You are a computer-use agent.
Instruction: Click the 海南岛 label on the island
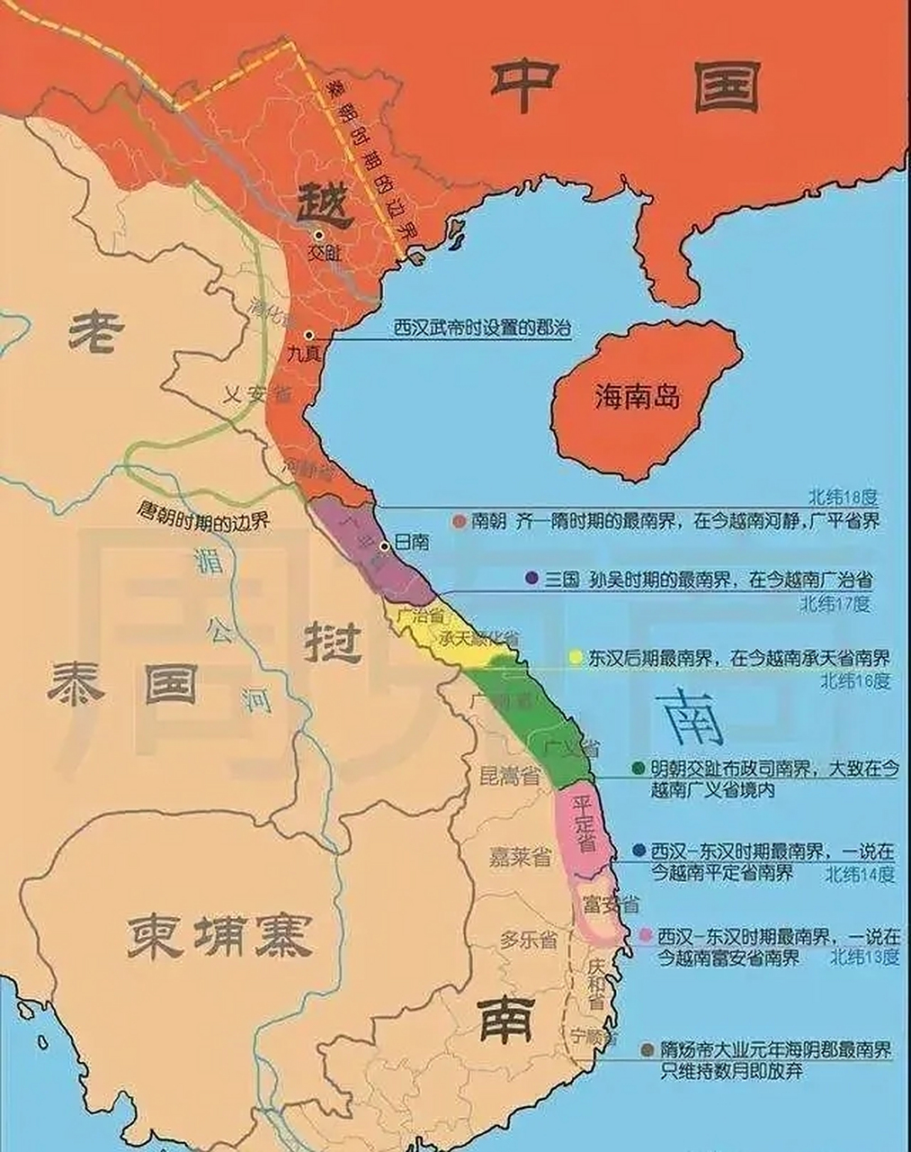point(637,396)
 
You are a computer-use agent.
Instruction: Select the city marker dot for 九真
point(308,335)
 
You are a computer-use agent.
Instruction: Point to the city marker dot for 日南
point(385,545)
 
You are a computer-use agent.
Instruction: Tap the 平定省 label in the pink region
point(585,823)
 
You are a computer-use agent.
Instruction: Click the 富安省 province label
point(611,903)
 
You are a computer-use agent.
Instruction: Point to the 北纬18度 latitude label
point(842,496)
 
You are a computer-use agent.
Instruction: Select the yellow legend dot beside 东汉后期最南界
point(576,657)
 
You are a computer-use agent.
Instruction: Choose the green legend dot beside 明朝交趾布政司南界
point(639,769)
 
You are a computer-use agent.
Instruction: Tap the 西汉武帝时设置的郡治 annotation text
point(482,328)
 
